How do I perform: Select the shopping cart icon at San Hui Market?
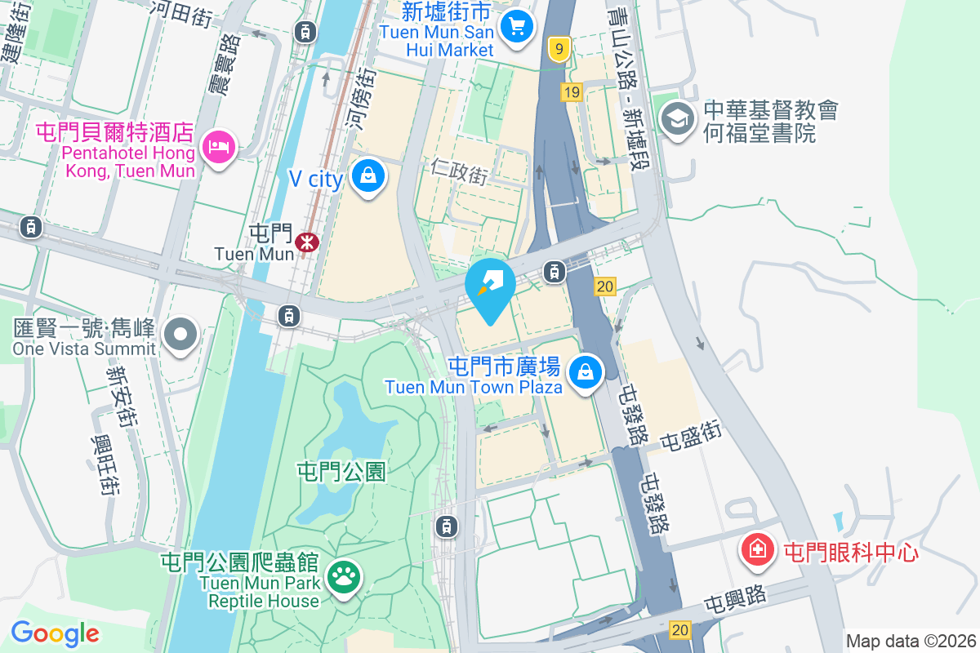(x=516, y=27)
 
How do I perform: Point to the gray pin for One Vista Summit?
(x=181, y=334)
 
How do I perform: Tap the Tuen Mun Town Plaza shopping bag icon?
(x=586, y=372)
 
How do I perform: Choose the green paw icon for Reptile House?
(x=344, y=577)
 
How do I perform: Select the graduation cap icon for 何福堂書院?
(x=677, y=119)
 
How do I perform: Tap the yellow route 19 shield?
(x=571, y=92)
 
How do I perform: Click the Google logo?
(x=56, y=633)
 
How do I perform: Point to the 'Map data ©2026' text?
(x=911, y=641)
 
